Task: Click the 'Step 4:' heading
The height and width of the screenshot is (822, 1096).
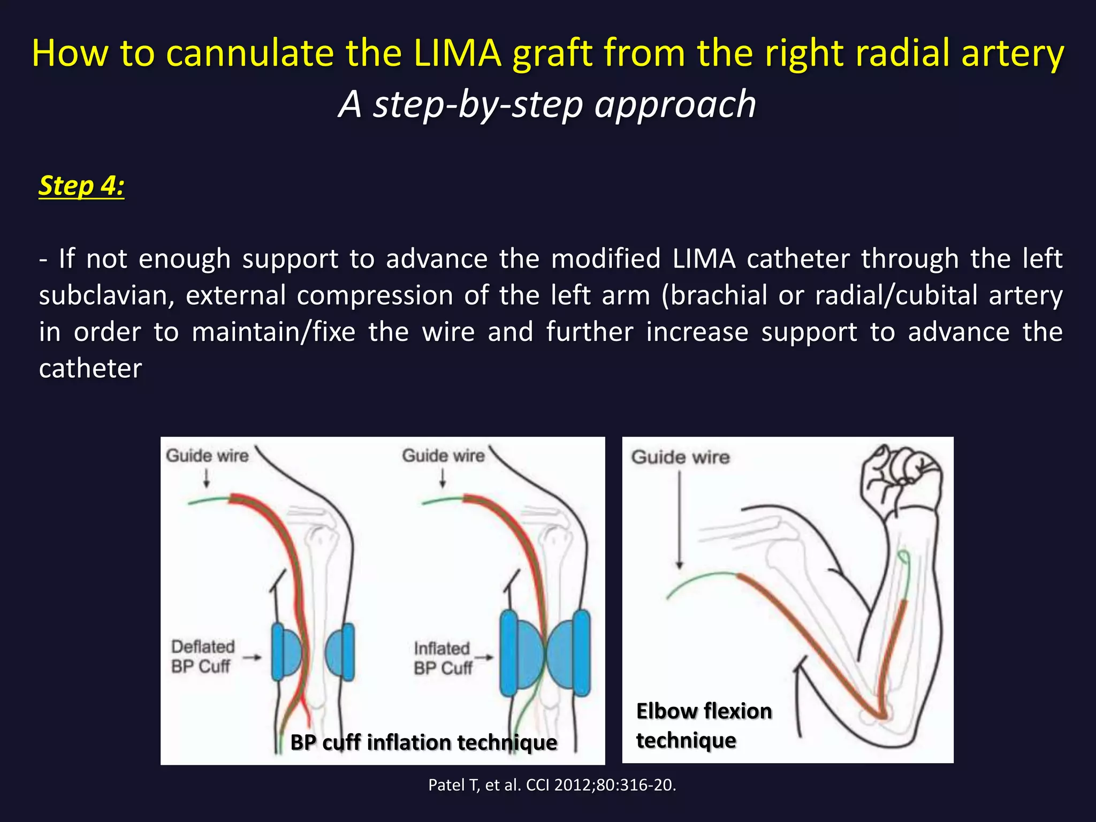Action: [81, 186]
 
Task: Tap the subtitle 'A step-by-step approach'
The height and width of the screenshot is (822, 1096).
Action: [547, 104]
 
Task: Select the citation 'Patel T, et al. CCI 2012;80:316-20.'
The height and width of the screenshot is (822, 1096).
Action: [552, 785]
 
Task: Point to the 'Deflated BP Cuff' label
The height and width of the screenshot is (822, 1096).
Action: [203, 656]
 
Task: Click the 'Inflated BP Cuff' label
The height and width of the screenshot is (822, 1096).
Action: [443, 658]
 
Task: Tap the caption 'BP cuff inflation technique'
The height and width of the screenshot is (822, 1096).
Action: [423, 742]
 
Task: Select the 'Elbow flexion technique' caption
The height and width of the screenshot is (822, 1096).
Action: [704, 726]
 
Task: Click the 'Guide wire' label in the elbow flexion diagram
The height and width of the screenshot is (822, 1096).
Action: [680, 457]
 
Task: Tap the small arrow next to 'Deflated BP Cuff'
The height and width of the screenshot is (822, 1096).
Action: [252, 657]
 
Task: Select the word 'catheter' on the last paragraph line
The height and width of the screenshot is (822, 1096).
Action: [90, 368]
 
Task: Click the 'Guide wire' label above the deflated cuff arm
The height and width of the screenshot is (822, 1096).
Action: [207, 455]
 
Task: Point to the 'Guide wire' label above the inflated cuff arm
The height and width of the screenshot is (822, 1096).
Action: [443, 455]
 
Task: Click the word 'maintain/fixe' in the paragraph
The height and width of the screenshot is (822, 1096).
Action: [273, 332]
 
